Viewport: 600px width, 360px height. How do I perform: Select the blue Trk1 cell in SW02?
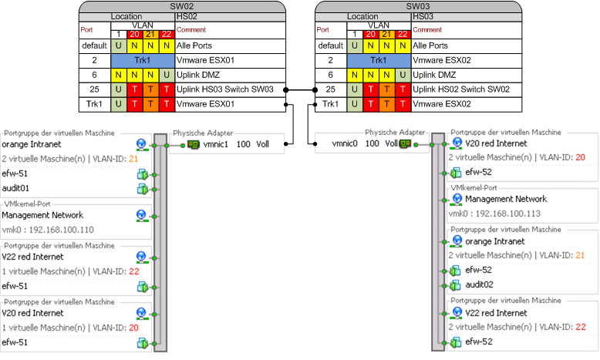143,59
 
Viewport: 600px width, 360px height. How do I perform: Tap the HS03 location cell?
422,15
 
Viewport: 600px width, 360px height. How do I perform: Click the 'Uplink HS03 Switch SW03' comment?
231,89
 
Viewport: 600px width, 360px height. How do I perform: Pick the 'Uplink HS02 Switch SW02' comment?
461,89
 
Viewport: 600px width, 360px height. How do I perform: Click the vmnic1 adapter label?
217,144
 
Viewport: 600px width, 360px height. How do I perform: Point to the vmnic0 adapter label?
346,144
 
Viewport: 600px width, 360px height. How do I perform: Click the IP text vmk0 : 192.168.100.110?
48,230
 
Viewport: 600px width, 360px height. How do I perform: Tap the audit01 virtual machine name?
16,187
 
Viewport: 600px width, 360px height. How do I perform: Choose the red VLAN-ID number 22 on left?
133,271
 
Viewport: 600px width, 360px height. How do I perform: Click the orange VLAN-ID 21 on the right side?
580,255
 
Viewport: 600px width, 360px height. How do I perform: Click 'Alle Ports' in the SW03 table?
430,45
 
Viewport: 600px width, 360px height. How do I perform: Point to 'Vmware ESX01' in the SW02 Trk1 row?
205,103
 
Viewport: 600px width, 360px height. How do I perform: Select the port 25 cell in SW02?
94,89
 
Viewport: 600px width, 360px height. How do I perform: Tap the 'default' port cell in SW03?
330,45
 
